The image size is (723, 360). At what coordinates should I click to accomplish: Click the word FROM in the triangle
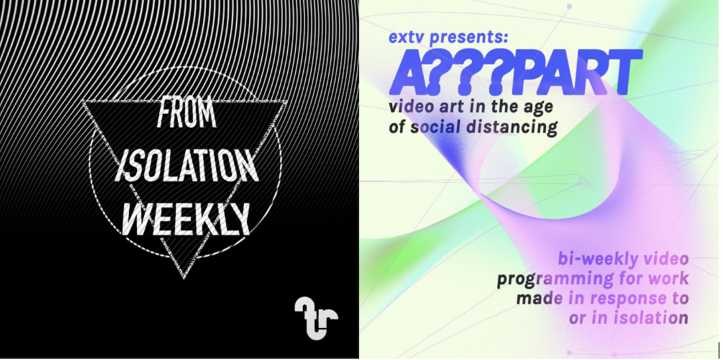click(186, 114)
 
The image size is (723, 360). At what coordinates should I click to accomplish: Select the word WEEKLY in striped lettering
click(188, 219)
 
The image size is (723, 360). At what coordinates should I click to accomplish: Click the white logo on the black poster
click(316, 318)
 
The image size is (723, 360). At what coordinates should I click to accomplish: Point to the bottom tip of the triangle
click(184, 278)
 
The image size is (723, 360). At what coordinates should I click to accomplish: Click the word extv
click(407, 37)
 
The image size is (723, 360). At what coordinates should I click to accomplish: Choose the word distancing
click(512, 127)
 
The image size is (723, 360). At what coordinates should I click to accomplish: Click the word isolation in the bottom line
click(651, 318)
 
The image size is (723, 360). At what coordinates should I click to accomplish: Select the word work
click(668, 278)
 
